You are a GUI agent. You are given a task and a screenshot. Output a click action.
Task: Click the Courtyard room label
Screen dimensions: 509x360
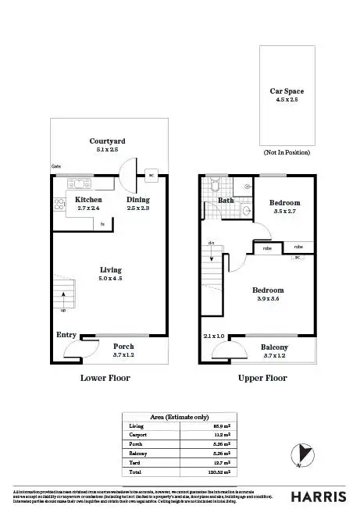(107, 141)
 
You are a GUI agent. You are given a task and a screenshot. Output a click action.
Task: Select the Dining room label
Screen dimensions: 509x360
(138, 200)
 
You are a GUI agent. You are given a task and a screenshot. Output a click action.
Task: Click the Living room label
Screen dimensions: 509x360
(110, 269)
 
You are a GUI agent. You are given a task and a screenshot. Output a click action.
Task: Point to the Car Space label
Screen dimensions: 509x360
(287, 91)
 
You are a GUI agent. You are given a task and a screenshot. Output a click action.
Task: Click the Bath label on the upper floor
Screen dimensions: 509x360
(226, 200)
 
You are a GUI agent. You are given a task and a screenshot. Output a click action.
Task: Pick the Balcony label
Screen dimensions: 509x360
(273, 347)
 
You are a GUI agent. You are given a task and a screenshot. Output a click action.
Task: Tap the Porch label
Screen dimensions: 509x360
(124, 346)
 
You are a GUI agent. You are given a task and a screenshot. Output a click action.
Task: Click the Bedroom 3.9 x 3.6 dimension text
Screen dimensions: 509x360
(268, 297)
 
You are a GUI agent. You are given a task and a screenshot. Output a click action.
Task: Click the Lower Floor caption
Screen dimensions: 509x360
(105, 378)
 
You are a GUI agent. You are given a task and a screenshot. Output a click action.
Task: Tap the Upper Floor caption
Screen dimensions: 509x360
(262, 378)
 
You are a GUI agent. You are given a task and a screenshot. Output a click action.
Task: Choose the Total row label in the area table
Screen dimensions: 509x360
(134, 472)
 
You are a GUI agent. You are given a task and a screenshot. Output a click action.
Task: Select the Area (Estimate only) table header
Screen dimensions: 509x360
(180, 416)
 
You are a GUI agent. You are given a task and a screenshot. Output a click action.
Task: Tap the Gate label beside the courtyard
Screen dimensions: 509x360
(56, 166)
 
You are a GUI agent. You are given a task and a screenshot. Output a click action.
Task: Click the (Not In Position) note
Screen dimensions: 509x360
(287, 152)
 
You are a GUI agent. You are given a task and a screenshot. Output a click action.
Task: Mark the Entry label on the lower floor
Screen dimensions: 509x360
(66, 335)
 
